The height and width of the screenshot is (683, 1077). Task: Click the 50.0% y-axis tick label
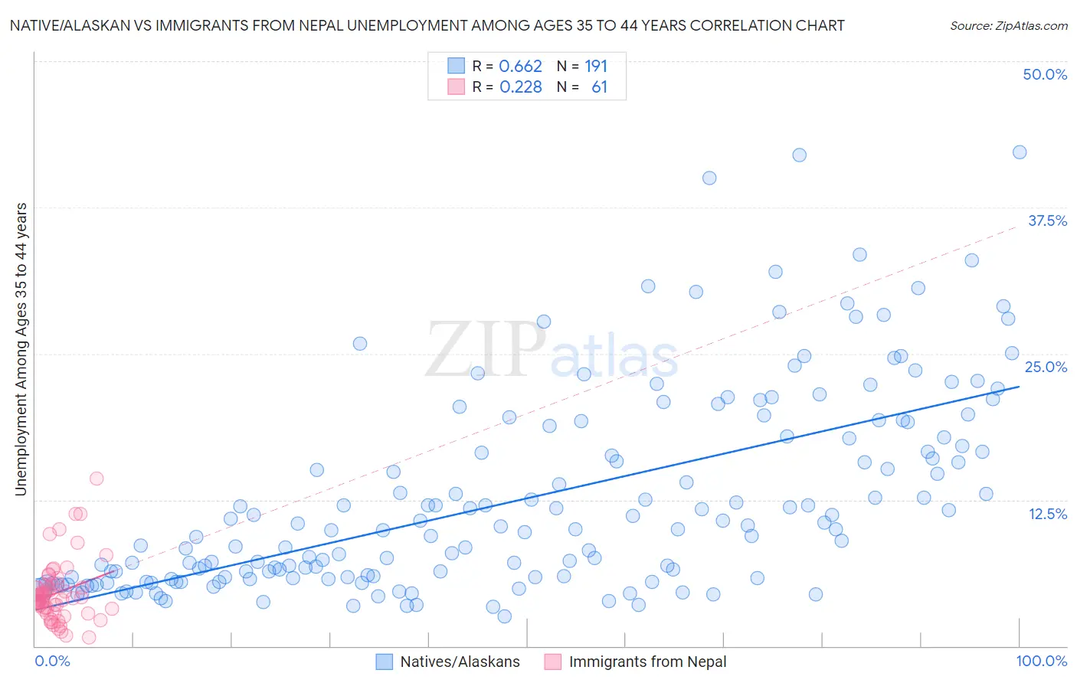[x=1045, y=74]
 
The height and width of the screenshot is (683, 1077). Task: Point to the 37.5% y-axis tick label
[x=1047, y=221]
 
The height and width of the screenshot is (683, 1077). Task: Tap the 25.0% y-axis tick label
[x=1046, y=367]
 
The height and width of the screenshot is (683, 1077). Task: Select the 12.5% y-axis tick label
[x=1047, y=514]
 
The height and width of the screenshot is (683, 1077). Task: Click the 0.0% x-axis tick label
[x=52, y=661]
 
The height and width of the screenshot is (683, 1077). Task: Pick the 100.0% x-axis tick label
[x=1041, y=661]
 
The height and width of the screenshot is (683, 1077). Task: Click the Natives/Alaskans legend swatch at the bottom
[x=385, y=662]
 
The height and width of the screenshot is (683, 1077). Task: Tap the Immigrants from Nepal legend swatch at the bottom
[x=552, y=662]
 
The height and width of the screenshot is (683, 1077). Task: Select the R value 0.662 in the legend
[x=520, y=66]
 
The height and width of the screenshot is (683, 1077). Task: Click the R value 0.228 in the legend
[x=520, y=87]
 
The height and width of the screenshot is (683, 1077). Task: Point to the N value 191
[x=595, y=66]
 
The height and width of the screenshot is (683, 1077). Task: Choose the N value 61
[x=599, y=87]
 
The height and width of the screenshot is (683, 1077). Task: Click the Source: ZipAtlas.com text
[x=1008, y=25]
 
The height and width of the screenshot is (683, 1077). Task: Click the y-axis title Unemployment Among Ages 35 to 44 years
[x=21, y=349]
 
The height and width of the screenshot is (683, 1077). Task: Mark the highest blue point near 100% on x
[x=1019, y=152]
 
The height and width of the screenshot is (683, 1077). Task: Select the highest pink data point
[x=97, y=479]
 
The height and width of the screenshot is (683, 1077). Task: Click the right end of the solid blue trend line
[x=1019, y=387]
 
